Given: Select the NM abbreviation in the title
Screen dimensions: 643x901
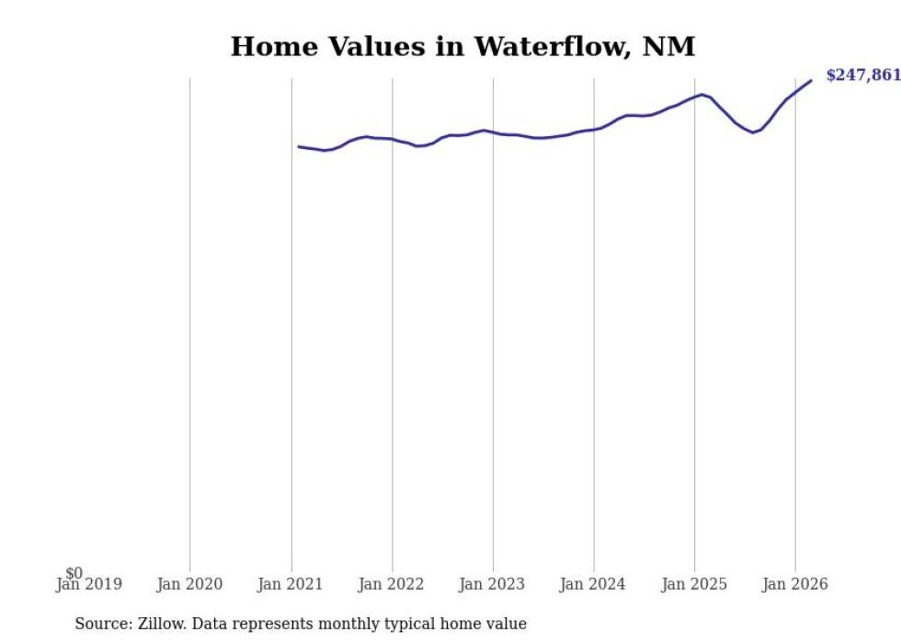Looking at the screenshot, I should click(673, 47).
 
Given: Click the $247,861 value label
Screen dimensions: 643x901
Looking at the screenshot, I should click(862, 75).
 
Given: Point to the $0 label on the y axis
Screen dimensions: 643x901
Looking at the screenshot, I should click(74, 574).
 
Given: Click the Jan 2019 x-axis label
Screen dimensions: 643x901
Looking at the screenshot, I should click(88, 584).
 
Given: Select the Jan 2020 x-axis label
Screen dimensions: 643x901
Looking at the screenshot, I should click(189, 584).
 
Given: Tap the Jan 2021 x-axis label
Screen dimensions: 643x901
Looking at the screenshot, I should click(291, 584).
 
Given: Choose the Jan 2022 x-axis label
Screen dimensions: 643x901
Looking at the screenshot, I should click(392, 584).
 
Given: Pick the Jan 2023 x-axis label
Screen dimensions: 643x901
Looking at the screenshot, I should click(493, 584).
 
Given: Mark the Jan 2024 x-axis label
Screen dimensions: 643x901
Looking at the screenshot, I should click(593, 584).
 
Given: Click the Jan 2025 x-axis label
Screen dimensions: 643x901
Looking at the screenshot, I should click(694, 584).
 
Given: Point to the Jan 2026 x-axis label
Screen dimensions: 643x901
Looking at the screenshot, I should click(795, 584).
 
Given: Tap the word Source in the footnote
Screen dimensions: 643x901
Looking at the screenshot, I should click(101, 624).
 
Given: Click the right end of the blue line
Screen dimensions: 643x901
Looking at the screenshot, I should click(811, 80).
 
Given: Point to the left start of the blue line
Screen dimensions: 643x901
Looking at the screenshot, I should click(299, 146).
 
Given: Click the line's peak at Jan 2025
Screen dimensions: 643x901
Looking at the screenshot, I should click(702, 94).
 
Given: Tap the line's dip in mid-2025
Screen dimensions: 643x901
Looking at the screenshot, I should click(753, 132).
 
